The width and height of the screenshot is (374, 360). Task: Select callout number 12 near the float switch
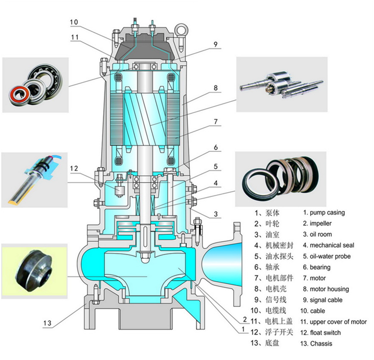(74, 169)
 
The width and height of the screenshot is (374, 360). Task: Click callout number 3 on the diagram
(216, 214)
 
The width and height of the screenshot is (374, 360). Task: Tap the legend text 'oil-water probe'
(327, 256)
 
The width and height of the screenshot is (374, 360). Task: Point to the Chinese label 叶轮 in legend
(272, 223)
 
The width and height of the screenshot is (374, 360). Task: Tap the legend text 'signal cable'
(323, 300)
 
